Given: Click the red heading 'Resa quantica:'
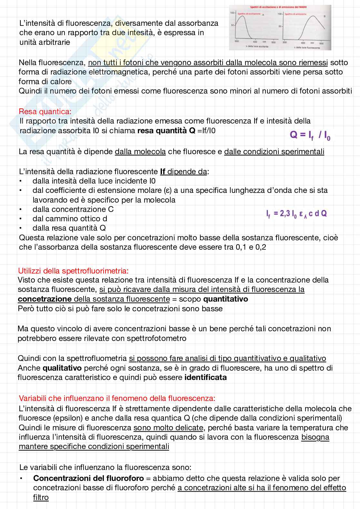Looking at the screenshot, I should (45, 112).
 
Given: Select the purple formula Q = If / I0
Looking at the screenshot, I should (310, 135).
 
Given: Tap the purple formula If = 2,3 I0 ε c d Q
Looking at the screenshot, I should (296, 214).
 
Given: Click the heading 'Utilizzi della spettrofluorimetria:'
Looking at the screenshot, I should (73, 271).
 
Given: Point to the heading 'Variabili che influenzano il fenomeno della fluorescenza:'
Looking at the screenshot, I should (117, 398).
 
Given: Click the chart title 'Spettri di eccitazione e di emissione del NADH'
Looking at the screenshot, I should (278, 7).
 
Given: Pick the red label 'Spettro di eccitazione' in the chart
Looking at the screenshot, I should (249, 14).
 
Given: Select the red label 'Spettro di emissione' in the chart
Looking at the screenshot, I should (295, 14).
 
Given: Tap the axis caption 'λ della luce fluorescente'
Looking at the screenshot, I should (307, 48).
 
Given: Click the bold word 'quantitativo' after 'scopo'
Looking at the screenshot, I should (225, 299).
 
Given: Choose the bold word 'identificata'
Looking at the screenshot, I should (205, 377).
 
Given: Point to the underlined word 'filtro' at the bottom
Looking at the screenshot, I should (41, 497).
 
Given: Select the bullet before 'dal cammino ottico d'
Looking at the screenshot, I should (21, 219).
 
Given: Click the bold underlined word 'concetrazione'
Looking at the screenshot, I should (45, 299).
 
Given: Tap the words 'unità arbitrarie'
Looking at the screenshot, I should (45, 42).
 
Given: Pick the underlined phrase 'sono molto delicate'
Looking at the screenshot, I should (168, 428).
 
